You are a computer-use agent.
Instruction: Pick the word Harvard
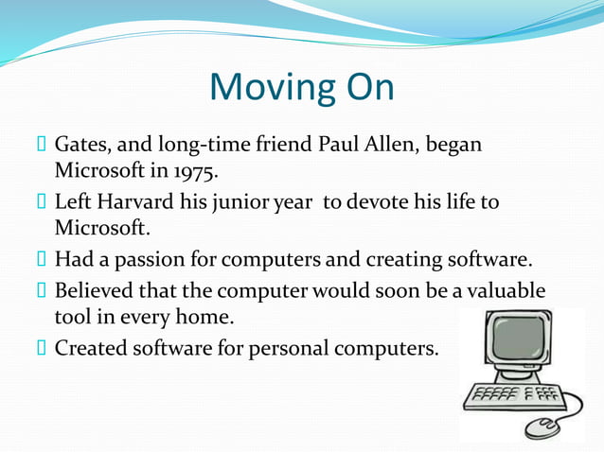pyautogui.click(x=133, y=203)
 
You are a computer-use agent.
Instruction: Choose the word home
pyautogui.click(x=231, y=316)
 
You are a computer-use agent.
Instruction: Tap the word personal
pyautogui.click(x=286, y=349)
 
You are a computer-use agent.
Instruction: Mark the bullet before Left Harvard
pyautogui.click(x=42, y=203)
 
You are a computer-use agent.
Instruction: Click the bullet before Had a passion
pyautogui.click(x=42, y=259)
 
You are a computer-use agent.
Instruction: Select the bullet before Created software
pyautogui.click(x=42, y=348)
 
